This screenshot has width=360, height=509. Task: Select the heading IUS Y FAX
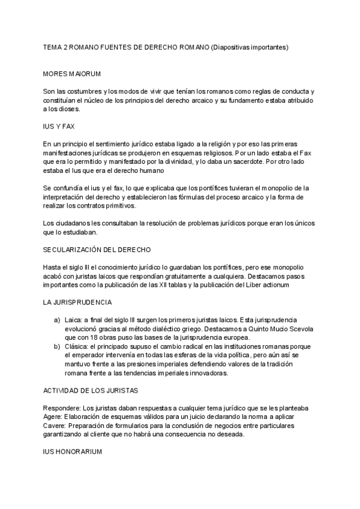click(x=58, y=127)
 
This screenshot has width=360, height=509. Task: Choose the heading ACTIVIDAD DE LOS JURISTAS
click(x=91, y=390)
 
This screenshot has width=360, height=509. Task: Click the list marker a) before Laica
click(x=57, y=319)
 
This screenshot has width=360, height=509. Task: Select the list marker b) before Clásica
click(x=57, y=346)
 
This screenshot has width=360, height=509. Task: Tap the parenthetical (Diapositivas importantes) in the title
click(x=250, y=46)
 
